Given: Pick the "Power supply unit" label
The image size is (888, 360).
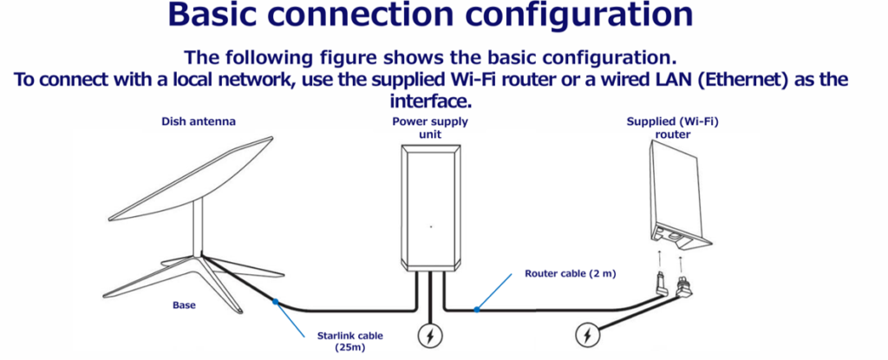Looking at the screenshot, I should click(430, 127).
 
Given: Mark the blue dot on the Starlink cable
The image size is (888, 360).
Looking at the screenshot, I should click(275, 302).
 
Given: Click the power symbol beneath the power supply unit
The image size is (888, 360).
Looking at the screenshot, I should click(430, 334).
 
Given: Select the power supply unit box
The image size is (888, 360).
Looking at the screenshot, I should click(430, 208).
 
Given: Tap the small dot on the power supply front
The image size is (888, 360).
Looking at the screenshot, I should click(430, 226).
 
